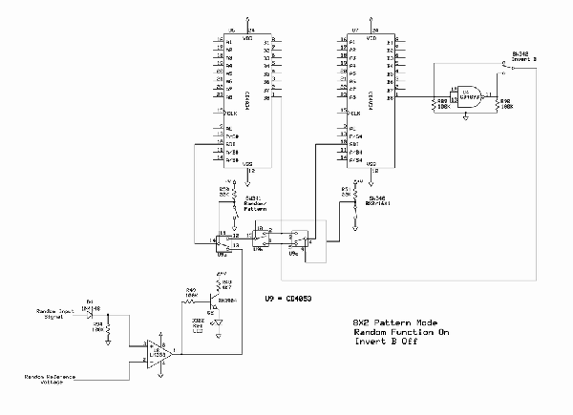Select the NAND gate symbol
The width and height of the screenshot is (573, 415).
pyautogui.click(x=469, y=95)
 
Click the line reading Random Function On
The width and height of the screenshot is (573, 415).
pyautogui.click(x=394, y=333)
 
